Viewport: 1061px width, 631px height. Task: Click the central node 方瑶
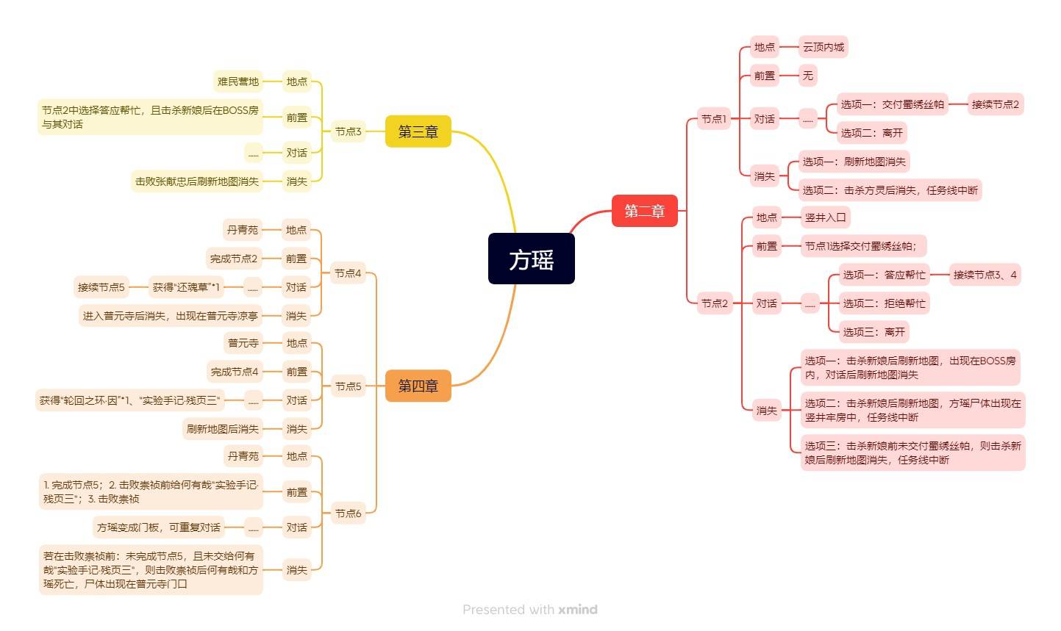click(x=531, y=259)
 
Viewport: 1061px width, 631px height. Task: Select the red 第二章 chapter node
click(x=644, y=211)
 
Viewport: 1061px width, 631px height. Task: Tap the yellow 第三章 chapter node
click(x=418, y=131)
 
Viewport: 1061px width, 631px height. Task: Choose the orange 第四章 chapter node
click(x=418, y=386)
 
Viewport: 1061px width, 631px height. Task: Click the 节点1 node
click(x=713, y=118)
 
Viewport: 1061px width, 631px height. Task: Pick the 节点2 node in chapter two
click(x=714, y=303)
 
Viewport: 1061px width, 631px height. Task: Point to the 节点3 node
click(x=348, y=131)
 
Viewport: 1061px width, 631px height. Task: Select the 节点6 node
click(x=348, y=513)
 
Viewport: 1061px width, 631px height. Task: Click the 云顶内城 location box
click(x=823, y=47)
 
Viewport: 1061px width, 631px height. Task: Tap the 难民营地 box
click(x=237, y=82)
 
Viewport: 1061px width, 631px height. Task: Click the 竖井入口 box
click(x=825, y=217)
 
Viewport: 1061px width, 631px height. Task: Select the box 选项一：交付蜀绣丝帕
click(x=892, y=104)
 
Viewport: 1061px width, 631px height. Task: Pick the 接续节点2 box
click(x=995, y=104)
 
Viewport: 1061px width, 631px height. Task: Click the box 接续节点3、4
click(x=985, y=275)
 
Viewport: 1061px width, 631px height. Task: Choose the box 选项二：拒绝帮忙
click(x=884, y=303)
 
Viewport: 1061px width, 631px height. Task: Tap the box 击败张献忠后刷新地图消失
click(x=196, y=181)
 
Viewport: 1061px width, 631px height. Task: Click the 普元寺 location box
click(x=243, y=342)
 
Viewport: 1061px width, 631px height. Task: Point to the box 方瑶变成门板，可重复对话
click(x=158, y=527)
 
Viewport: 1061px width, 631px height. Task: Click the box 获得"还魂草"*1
click(x=186, y=286)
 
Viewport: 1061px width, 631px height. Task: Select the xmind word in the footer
click(x=577, y=610)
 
